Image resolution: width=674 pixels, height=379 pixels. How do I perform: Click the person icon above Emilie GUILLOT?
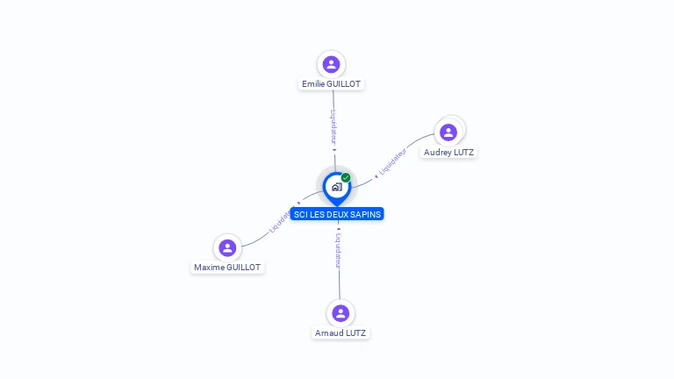[331, 64]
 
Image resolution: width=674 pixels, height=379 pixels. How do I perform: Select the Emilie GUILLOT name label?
[331, 84]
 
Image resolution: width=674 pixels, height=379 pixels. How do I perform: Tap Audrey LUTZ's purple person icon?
[448, 132]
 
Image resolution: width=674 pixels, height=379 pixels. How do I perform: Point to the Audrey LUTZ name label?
[448, 153]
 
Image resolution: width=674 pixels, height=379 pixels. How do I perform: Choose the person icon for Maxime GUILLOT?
[227, 247]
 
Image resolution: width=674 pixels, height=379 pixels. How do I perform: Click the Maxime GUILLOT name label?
[227, 268]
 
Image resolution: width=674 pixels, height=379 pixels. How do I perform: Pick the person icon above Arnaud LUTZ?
[341, 313]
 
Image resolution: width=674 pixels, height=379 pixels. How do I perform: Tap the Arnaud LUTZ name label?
[341, 333]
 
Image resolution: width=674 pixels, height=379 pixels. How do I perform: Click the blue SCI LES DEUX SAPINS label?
[338, 214]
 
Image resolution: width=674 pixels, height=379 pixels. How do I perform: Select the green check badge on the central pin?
[346, 178]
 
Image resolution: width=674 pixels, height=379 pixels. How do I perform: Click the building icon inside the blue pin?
[336, 187]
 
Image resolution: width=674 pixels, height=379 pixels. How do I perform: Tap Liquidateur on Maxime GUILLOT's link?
[281, 225]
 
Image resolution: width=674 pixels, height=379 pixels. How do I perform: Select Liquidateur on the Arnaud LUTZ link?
[339, 249]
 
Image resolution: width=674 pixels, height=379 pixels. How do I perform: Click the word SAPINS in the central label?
[366, 214]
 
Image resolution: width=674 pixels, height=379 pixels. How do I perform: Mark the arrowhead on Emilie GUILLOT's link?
[334, 150]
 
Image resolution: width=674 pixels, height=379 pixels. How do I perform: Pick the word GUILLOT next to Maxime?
[243, 268]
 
